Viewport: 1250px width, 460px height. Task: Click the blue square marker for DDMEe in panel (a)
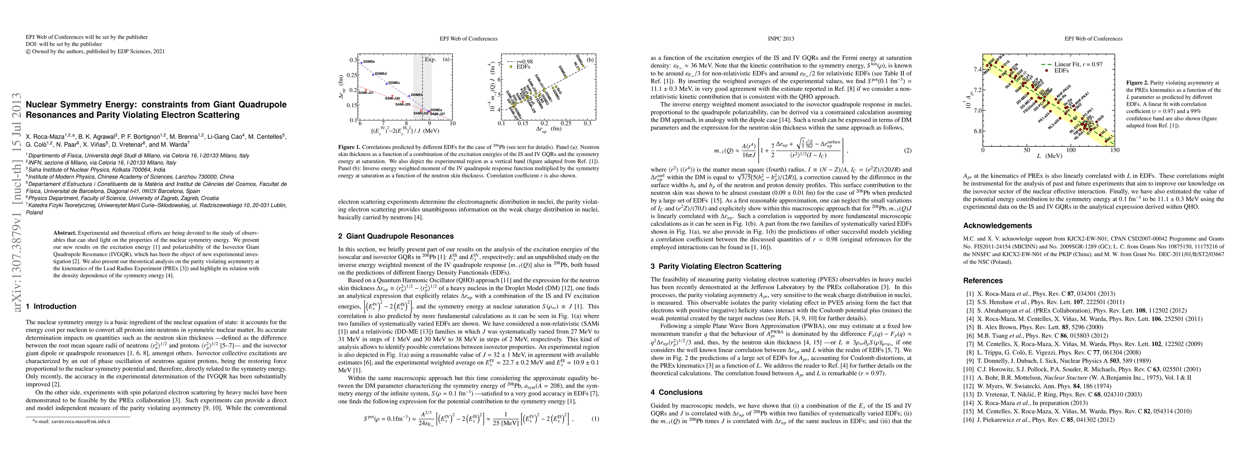[361, 62]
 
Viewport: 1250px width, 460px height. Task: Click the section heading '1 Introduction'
[51, 306]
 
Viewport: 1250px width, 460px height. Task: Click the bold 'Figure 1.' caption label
[349, 146]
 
